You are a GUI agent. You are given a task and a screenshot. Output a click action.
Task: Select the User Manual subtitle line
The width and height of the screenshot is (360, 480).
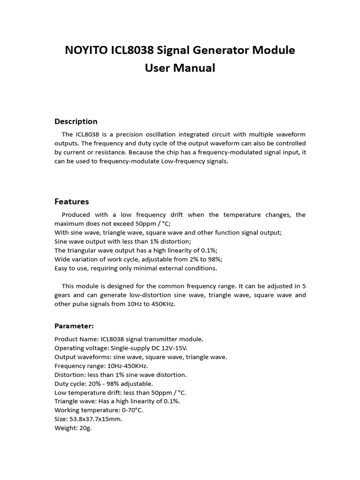[180, 68]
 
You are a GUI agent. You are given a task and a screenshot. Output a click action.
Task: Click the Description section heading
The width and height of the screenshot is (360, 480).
[76, 121]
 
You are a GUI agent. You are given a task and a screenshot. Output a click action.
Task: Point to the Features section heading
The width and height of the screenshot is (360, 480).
[72, 202]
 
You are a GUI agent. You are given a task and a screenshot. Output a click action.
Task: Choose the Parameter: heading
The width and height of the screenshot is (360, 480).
[74, 326]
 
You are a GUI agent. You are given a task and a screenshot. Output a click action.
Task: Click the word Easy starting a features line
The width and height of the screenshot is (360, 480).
[62, 268]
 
